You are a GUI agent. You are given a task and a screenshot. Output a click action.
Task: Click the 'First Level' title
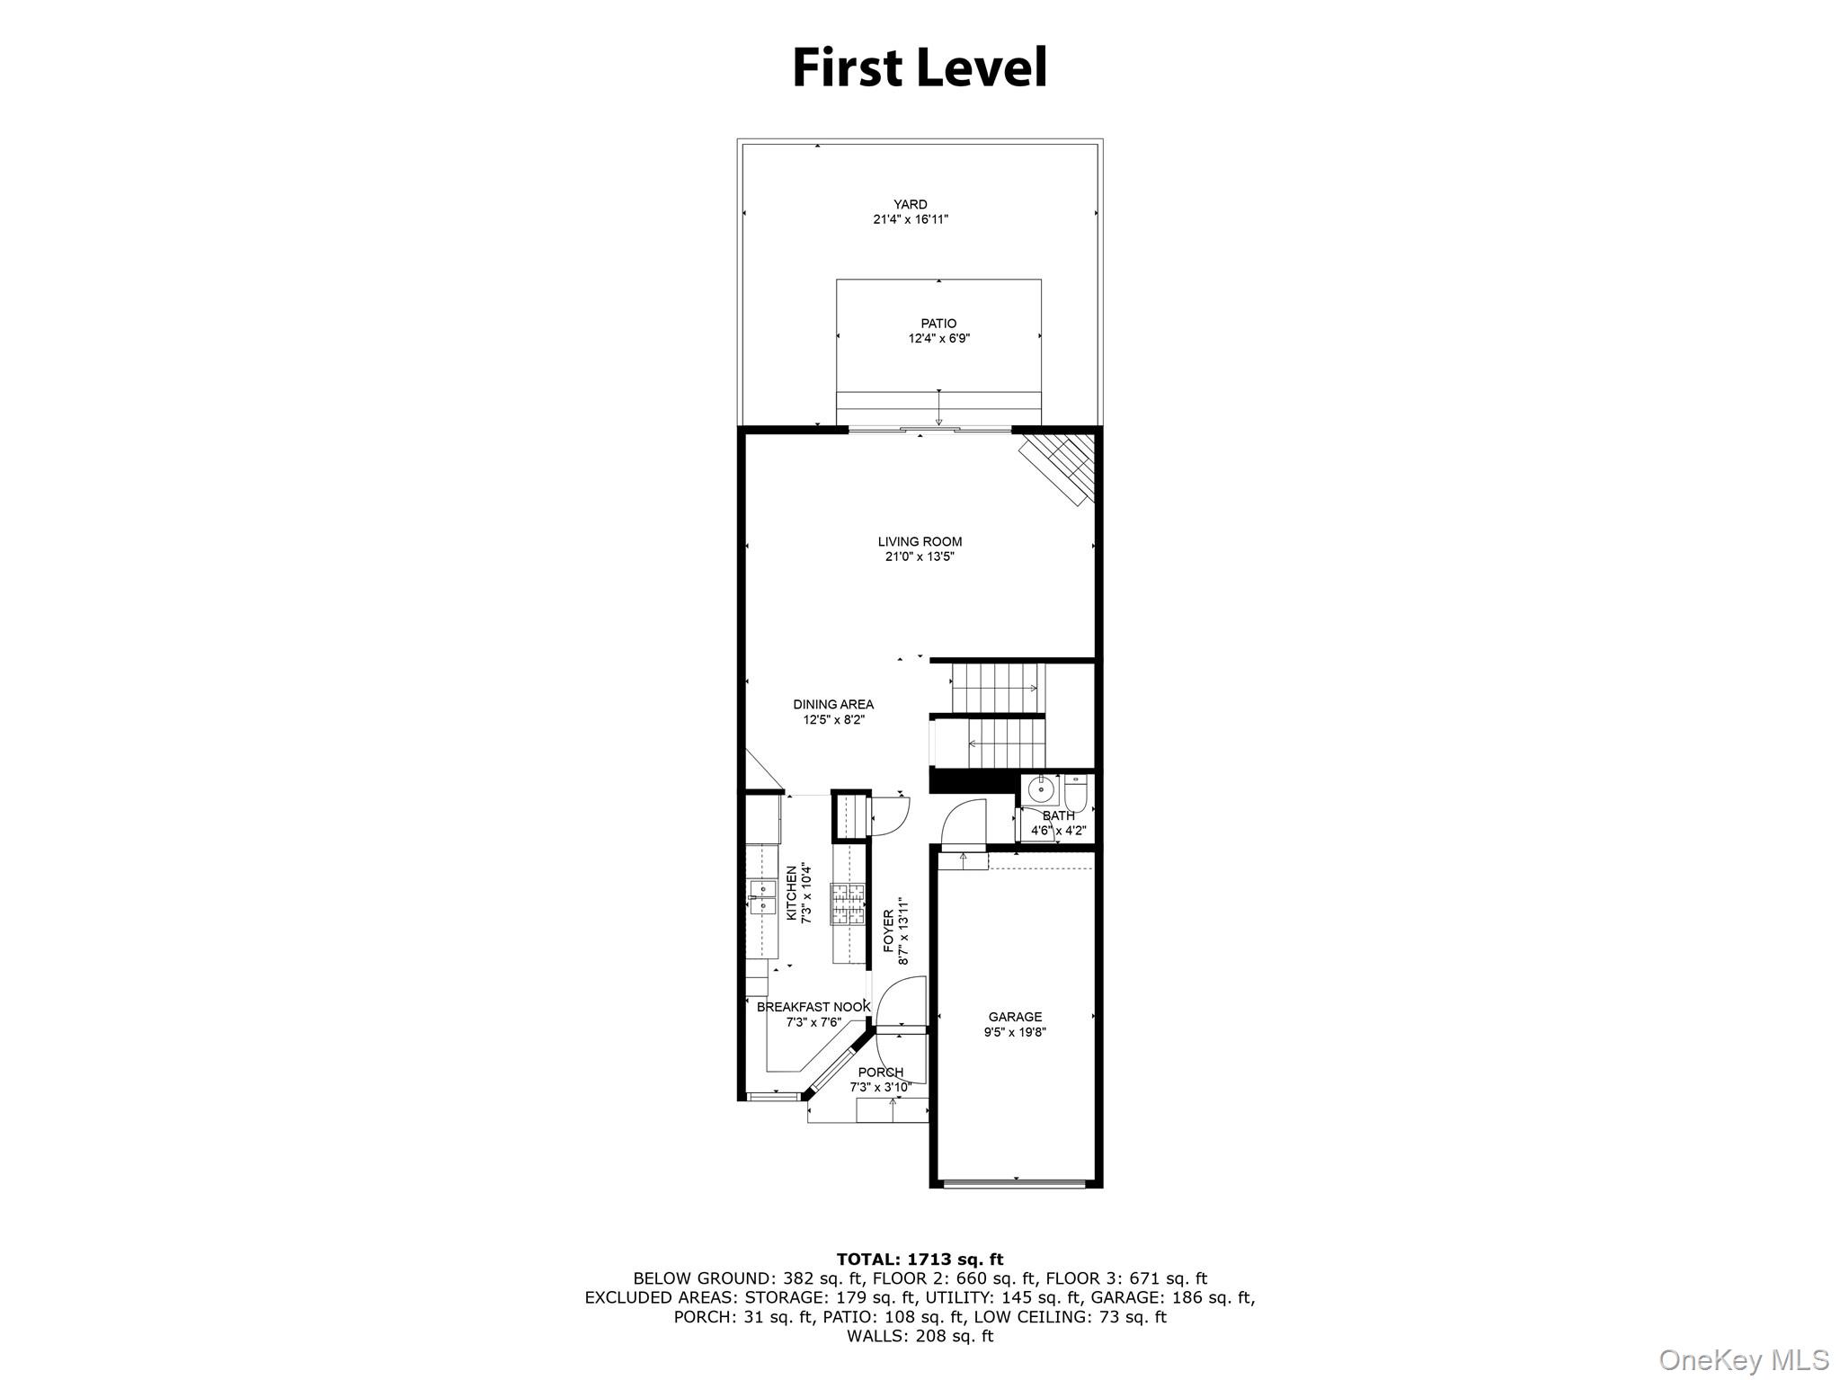click(920, 68)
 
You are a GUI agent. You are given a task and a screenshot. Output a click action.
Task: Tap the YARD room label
click(910, 204)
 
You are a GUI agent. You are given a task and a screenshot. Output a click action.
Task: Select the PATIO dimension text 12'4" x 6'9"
click(938, 339)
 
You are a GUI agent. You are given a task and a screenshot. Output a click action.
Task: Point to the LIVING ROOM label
click(920, 541)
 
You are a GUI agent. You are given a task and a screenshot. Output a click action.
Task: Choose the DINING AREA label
click(832, 704)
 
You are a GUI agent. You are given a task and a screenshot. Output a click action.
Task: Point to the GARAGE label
click(1015, 1017)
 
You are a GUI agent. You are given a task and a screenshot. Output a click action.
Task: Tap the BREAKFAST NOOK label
click(813, 1007)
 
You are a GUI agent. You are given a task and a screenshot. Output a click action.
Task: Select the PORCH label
click(880, 1073)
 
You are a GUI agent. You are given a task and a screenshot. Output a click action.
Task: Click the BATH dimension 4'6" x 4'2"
click(1058, 831)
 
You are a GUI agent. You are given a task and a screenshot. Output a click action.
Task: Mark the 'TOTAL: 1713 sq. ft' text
click(920, 1260)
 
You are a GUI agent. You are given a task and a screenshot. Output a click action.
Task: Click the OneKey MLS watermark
click(1743, 1360)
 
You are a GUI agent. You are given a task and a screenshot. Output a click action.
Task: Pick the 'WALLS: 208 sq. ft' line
click(920, 1336)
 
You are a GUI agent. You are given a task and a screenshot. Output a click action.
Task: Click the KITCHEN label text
click(792, 894)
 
